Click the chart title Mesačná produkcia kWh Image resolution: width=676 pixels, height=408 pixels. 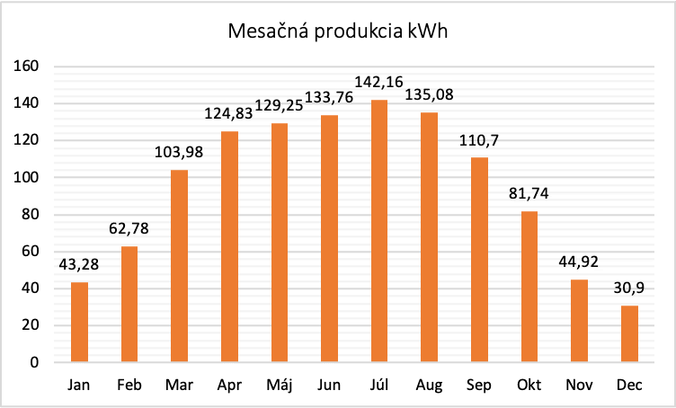click(x=338, y=33)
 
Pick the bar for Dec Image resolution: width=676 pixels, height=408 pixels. click(x=628, y=333)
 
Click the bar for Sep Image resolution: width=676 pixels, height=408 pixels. click(x=479, y=260)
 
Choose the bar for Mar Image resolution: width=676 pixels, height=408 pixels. click(x=180, y=266)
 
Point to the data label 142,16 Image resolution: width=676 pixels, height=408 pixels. click(x=379, y=83)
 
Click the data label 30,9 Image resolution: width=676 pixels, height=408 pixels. click(x=628, y=288)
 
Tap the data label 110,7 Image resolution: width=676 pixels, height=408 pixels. click(x=479, y=141)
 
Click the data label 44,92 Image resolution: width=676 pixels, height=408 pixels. click(x=578, y=263)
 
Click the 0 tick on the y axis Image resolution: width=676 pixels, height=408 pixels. click(x=35, y=362)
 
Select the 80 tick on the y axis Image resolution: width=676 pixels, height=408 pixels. click(x=31, y=214)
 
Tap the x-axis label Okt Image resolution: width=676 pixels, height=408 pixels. click(x=529, y=386)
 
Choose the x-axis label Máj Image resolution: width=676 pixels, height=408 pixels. click(x=280, y=386)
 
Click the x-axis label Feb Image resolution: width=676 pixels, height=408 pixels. click(x=129, y=386)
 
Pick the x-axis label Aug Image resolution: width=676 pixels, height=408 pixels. click(x=429, y=386)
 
